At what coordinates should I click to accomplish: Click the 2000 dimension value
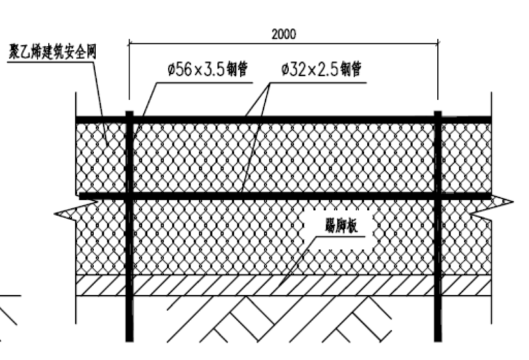pos(284,33)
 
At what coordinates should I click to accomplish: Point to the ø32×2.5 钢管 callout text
pos(321,70)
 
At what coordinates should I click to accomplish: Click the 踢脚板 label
pos(340,225)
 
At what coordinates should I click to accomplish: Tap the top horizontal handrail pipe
pos(278,120)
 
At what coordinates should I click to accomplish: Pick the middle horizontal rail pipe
pos(278,196)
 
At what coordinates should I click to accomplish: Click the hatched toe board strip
pos(209,285)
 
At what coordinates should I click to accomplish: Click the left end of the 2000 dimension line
pos(129,42)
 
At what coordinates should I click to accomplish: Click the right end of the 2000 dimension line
pos(438,42)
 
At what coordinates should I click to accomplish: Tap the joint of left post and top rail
pos(129,120)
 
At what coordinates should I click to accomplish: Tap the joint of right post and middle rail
pos(437,196)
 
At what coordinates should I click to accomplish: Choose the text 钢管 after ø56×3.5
pos(238,70)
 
